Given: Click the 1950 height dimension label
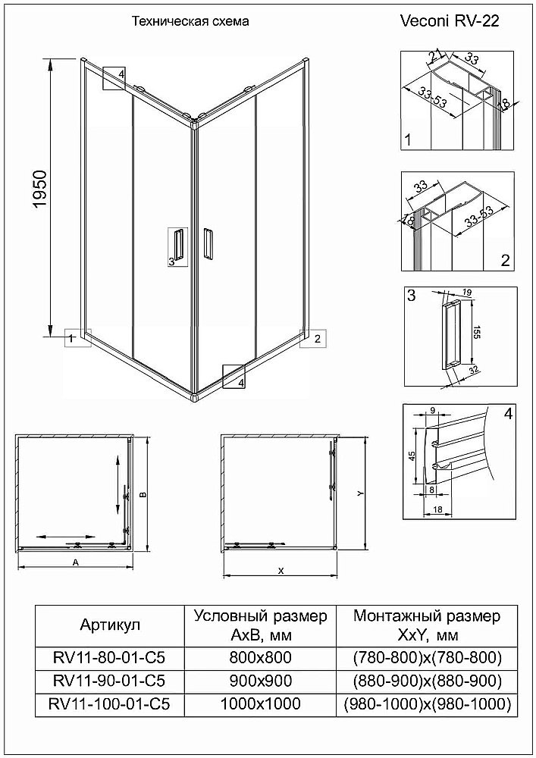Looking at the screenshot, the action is pos(41,189).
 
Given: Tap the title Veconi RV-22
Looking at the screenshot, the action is pos(450,20).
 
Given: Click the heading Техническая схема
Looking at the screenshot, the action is pos(190,21).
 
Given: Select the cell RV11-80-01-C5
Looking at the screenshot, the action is pos(110,657).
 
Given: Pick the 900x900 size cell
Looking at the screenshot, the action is pos(261,681).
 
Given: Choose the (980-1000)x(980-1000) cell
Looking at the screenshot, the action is pos(427,704).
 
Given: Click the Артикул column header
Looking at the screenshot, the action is pos(110,625).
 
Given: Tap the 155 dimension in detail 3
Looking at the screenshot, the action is pos(475,333).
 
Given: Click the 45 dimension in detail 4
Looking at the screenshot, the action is pos(412,456).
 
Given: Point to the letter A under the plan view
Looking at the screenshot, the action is pos(75,562).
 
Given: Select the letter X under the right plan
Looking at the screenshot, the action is pos(281,571).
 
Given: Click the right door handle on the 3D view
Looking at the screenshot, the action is pos(207,244).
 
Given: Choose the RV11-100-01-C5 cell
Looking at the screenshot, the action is pos(110,704).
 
